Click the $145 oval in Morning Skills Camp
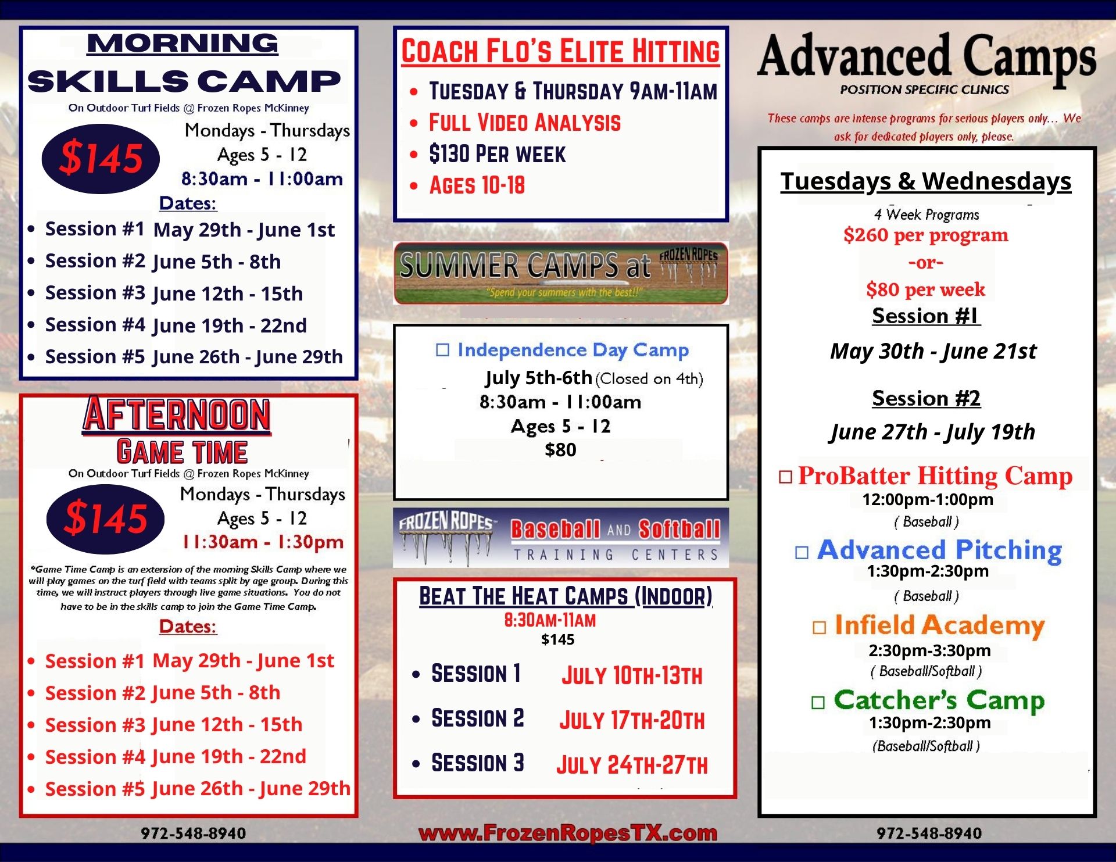click(x=101, y=158)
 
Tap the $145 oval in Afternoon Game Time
click(x=105, y=518)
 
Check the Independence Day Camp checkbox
click(x=443, y=350)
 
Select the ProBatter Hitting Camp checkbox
click(x=786, y=477)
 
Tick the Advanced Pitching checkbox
click(x=802, y=552)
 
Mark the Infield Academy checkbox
click(x=819, y=627)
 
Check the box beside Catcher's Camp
click(x=818, y=703)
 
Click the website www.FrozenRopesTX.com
click(x=568, y=833)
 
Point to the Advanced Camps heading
click(x=927, y=56)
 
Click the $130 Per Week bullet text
click(x=498, y=154)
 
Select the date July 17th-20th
click(x=632, y=720)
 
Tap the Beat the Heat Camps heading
click(x=566, y=596)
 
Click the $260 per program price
click(x=926, y=235)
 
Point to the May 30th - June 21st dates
click(x=933, y=351)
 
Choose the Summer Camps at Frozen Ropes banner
click(x=561, y=273)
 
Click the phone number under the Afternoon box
click(x=194, y=833)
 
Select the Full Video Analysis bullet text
click(x=525, y=123)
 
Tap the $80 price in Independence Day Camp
click(x=560, y=449)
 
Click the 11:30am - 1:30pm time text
click(x=263, y=542)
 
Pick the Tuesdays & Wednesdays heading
click(x=926, y=181)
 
